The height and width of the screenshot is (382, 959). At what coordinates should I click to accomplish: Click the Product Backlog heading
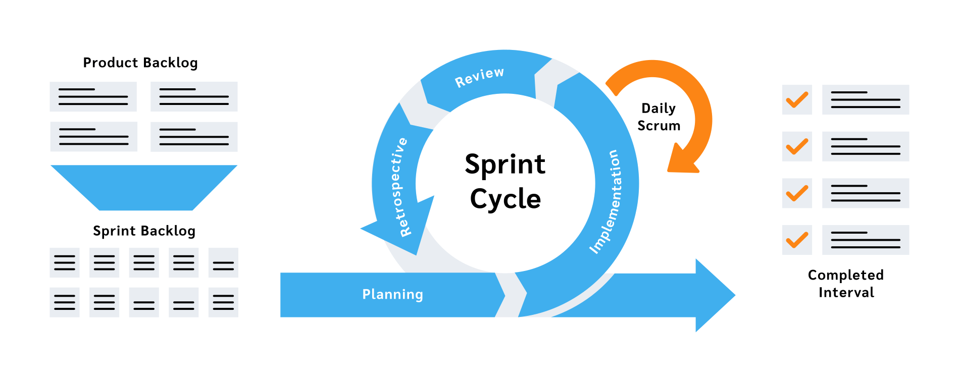140,63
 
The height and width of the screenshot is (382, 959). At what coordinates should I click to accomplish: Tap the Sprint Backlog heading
144,231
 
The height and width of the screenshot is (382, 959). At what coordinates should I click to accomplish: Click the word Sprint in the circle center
504,165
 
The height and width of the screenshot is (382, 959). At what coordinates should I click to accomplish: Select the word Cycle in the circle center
505,199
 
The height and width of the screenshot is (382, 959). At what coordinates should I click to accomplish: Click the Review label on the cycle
479,77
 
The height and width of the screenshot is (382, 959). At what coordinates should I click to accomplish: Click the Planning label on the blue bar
392,294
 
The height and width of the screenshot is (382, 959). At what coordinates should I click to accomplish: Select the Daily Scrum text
659,117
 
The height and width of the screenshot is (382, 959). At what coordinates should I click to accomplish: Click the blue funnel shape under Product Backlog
144,187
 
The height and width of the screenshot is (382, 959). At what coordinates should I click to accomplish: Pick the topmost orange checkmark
797,99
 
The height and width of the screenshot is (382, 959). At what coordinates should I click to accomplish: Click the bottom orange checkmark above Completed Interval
797,240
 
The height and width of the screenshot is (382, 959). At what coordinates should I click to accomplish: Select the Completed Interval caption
846,284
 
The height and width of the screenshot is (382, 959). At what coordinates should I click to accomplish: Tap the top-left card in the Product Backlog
93,96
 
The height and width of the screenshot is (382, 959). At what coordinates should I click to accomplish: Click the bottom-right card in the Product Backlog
194,137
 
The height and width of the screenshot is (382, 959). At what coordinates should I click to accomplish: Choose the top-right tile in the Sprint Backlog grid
223,262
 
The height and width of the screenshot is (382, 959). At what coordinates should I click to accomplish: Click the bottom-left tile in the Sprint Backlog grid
64,302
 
